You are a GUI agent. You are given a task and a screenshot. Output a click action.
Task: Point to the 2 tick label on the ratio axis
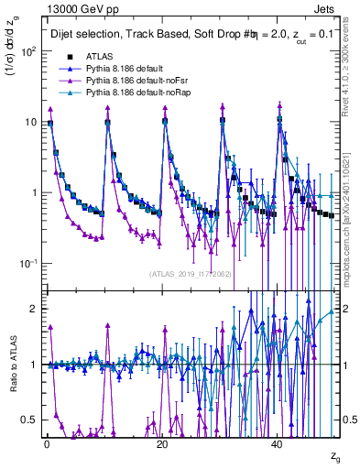point(35,309)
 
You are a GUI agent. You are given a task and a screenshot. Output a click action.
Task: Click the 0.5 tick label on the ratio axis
point(30,420)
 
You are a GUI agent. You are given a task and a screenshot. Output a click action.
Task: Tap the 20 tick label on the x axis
point(162,444)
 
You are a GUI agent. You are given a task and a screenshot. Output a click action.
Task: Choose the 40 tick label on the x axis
point(278,444)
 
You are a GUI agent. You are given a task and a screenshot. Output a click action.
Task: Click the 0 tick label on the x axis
point(46,444)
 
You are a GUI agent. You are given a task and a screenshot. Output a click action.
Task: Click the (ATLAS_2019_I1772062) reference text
point(190,274)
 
